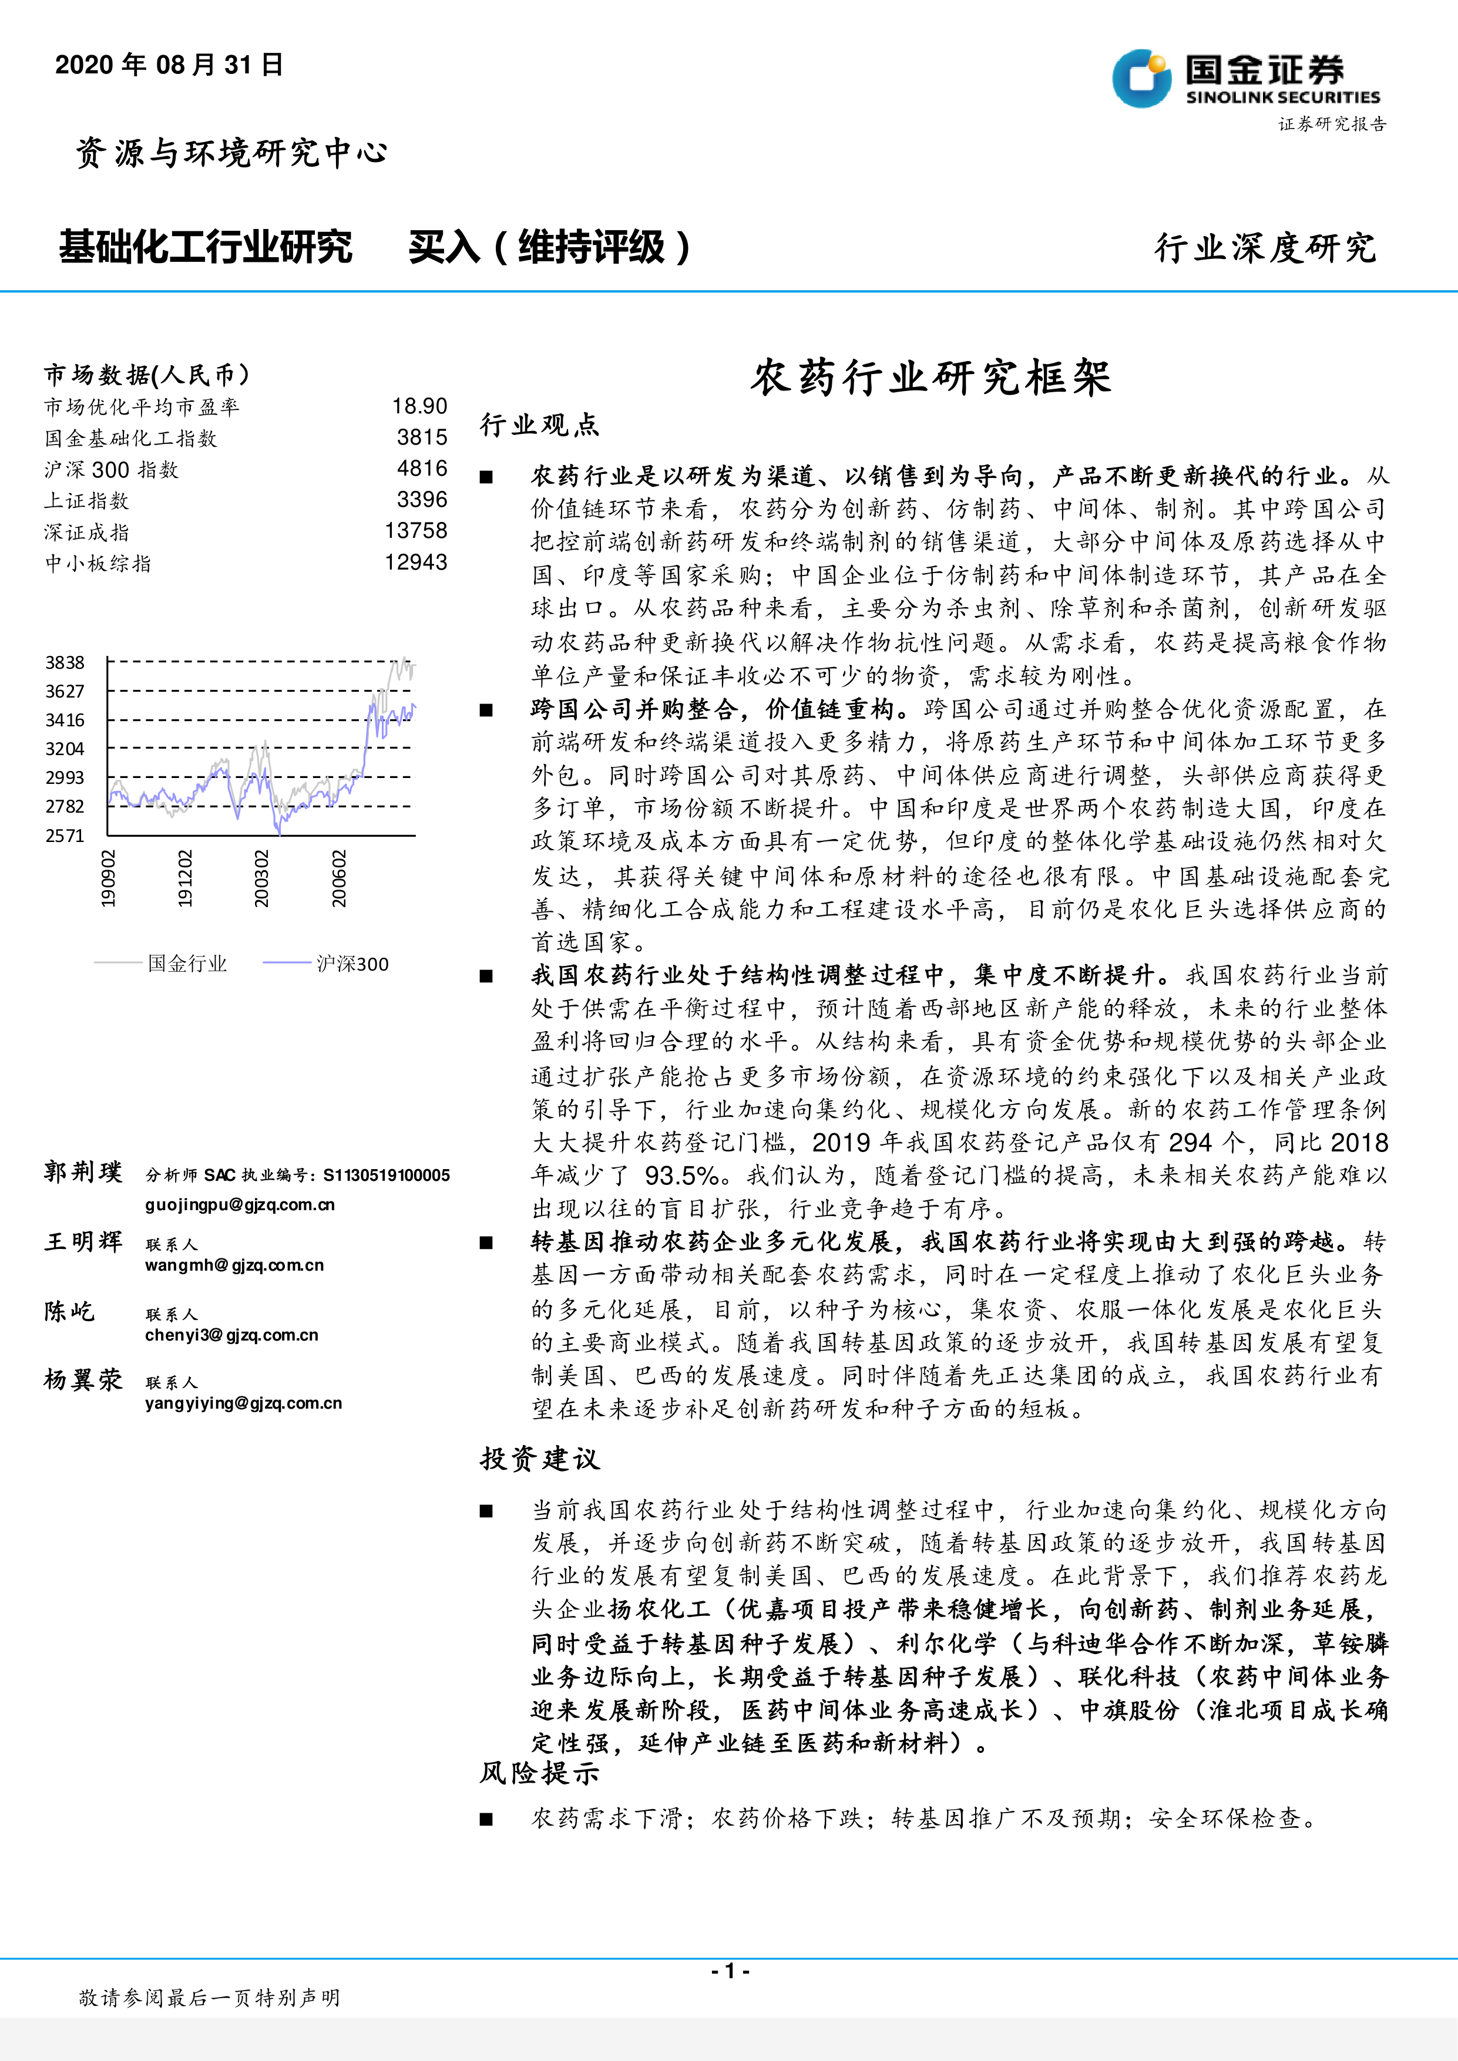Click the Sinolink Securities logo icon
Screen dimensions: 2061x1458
coord(1141,78)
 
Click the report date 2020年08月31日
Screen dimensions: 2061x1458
coord(169,65)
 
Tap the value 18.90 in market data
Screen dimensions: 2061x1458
coord(419,407)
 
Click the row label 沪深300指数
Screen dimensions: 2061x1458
coord(112,470)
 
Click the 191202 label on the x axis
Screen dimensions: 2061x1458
coord(185,878)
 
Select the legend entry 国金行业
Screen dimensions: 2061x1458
coord(187,964)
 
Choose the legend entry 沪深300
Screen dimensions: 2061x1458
coord(352,964)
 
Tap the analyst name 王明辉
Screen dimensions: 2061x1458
coord(83,1242)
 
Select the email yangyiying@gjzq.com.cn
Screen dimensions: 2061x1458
coord(243,1403)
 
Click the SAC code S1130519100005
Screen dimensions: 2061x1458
coord(386,1175)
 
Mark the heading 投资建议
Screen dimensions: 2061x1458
coord(539,1459)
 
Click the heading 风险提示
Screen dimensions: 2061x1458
coord(539,1773)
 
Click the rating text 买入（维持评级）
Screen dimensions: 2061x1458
coord(549,247)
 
